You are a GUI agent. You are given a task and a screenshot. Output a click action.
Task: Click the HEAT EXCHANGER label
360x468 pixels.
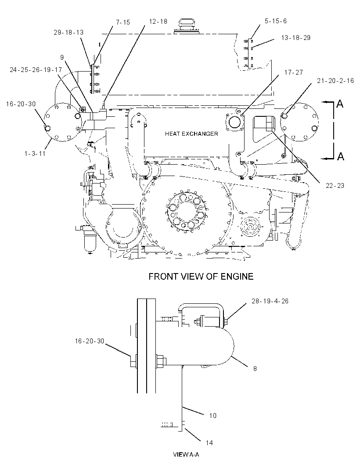(191, 134)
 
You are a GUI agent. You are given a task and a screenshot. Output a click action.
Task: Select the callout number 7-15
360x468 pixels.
(122, 22)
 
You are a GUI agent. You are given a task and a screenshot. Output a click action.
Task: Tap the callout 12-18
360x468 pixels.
(158, 22)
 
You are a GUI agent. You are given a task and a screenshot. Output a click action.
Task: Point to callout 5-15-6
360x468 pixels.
(276, 21)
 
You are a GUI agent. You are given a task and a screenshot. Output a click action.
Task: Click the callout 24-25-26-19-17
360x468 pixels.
(36, 70)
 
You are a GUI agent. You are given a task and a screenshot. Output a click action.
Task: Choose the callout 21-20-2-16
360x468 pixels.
(335, 81)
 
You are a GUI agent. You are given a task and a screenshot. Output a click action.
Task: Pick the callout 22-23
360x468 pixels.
(335, 186)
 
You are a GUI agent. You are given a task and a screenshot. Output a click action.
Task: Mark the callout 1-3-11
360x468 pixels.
(35, 153)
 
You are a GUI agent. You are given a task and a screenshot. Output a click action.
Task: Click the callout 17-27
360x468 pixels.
(293, 72)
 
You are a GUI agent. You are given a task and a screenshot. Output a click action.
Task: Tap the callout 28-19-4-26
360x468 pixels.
(270, 301)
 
